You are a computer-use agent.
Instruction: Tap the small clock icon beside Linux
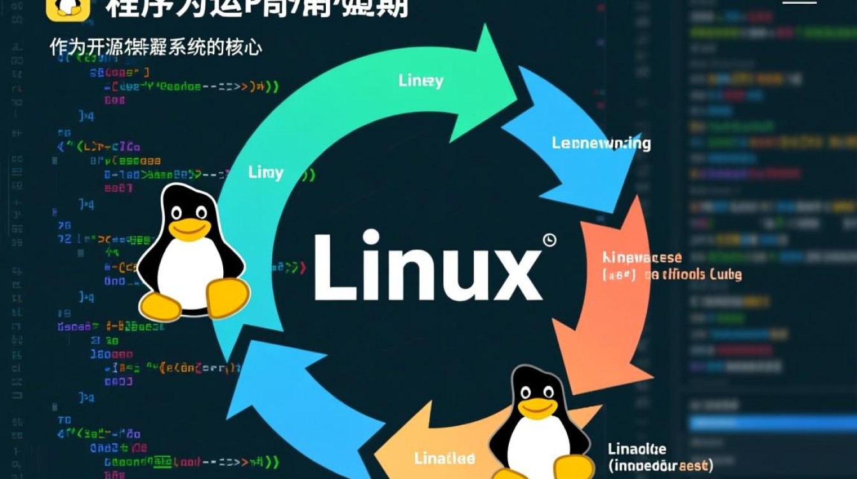click(550, 240)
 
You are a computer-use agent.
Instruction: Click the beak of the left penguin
click(189, 228)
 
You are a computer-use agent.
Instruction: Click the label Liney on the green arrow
click(421, 81)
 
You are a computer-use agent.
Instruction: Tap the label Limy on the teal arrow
click(266, 172)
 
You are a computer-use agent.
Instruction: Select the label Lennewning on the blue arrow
click(601, 143)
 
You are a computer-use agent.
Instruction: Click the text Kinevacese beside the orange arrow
click(642, 258)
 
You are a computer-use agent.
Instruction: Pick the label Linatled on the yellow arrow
click(444, 459)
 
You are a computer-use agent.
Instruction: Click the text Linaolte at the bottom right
click(637, 448)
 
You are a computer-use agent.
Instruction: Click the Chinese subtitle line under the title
click(156, 48)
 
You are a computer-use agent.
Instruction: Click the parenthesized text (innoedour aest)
click(661, 465)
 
